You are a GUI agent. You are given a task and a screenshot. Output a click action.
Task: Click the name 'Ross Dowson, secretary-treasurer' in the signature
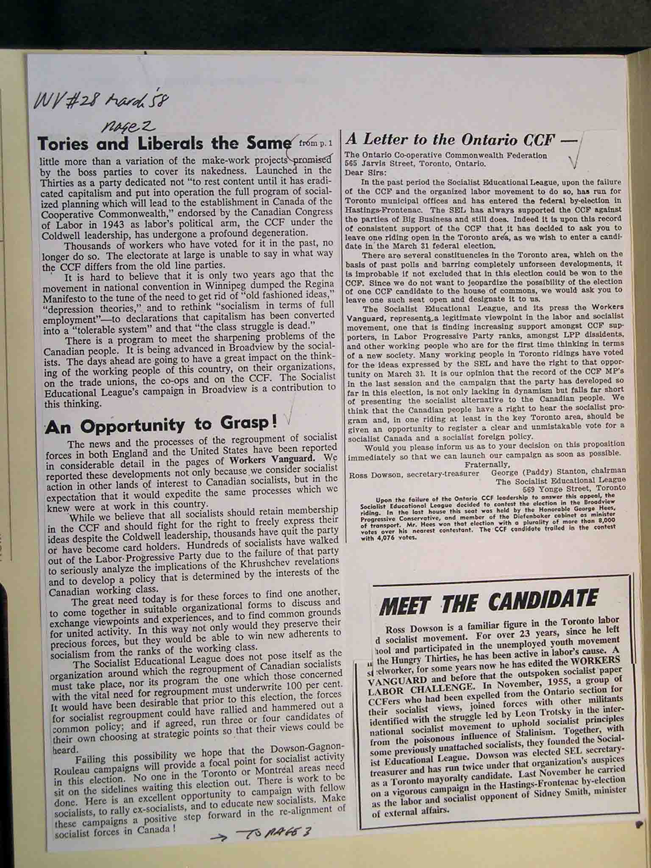(414, 474)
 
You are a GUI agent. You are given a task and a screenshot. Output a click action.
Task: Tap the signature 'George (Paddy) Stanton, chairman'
(558, 471)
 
